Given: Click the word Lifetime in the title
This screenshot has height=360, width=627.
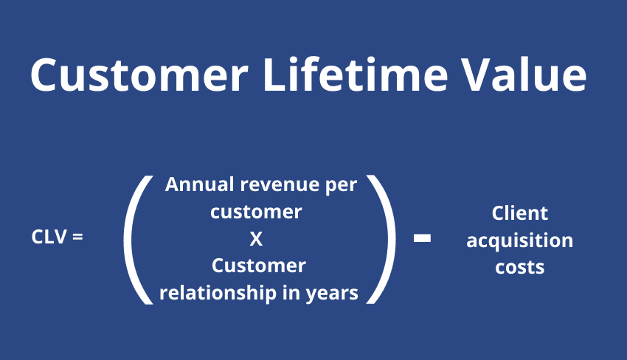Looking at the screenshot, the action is (356, 75).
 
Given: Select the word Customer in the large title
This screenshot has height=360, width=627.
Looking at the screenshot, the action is (139, 75).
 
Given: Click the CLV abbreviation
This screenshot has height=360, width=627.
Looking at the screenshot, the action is (49, 238).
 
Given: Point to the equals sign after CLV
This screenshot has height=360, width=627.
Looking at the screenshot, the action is (77, 238).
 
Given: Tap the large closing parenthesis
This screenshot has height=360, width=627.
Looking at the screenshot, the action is (381, 240).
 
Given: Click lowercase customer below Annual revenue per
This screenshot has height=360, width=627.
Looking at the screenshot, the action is (256, 212).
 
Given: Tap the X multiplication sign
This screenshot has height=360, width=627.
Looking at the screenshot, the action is (256, 239).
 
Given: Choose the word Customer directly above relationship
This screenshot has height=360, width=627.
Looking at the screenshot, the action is (259, 266).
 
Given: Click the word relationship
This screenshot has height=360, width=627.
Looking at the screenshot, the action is (218, 293).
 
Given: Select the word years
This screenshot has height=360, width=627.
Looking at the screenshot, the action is (332, 294).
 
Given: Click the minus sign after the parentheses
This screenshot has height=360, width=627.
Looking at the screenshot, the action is (422, 238).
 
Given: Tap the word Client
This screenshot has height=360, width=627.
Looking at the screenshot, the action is (520, 213).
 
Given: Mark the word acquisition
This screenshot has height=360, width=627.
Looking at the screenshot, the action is (520, 241).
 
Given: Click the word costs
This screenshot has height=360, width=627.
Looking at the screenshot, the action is (520, 268).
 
